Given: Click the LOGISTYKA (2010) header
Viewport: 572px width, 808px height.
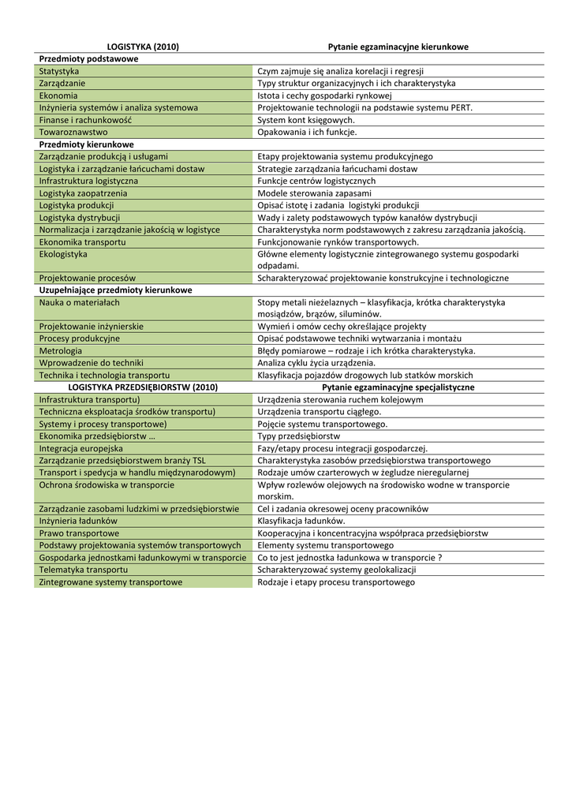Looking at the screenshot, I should click(143, 47).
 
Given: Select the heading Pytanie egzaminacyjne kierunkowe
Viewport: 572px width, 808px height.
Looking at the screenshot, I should click(398, 47).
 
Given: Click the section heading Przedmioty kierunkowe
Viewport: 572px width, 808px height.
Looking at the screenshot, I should click(87, 144).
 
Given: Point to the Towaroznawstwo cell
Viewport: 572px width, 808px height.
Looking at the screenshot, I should click(73, 133).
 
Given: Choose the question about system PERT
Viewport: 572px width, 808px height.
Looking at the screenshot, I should click(365, 108).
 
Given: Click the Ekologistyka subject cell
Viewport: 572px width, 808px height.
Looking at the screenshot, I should click(63, 254).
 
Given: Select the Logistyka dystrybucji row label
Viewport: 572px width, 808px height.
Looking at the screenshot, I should click(80, 218).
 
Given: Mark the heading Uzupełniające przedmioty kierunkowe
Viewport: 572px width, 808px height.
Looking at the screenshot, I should click(115, 290).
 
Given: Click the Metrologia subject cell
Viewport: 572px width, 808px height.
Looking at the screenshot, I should click(61, 351).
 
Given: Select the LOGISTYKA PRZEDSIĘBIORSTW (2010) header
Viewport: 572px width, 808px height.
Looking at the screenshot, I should click(143, 387).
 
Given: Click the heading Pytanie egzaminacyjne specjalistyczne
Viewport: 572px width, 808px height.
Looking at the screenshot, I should click(398, 387).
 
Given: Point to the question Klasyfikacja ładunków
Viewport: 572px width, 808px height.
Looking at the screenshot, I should click(301, 522).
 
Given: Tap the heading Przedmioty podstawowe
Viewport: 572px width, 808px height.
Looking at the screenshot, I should click(88, 59).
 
